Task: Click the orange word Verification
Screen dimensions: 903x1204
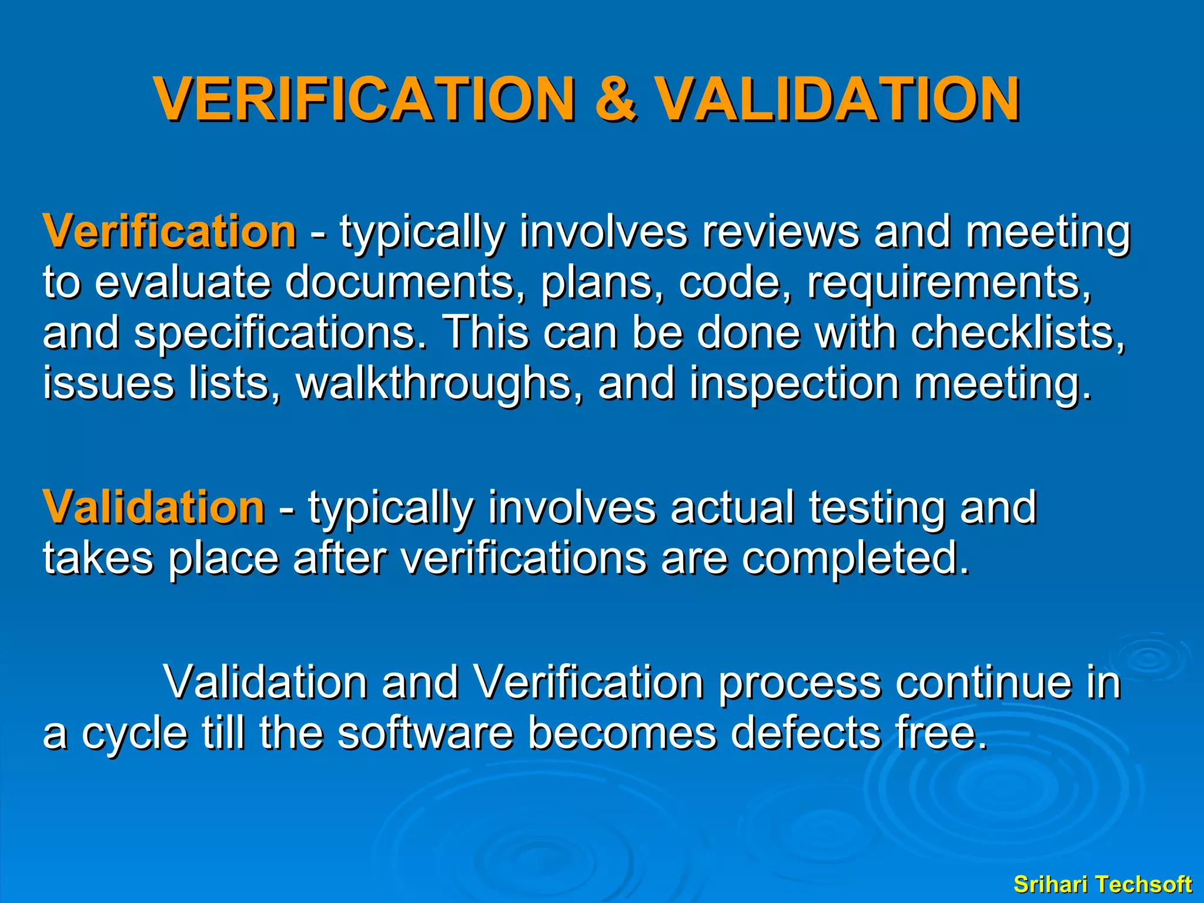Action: tap(169, 232)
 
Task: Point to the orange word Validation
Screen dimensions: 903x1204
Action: tap(153, 507)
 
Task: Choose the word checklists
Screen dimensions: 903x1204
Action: tap(1018, 333)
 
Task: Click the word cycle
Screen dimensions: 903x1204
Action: tap(135, 734)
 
